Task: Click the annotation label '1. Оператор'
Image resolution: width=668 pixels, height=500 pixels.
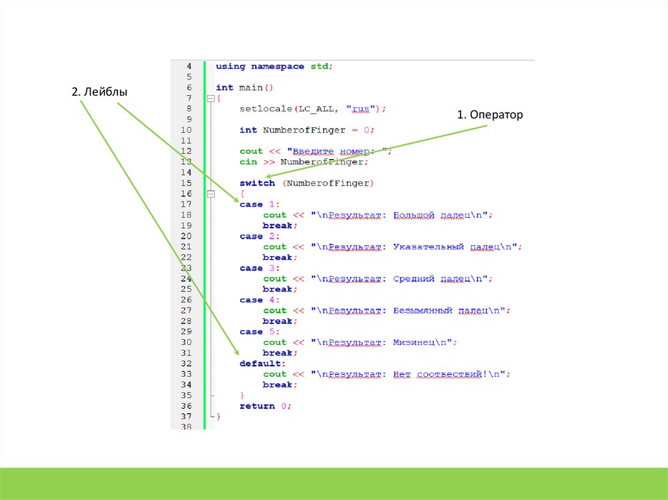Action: (x=490, y=115)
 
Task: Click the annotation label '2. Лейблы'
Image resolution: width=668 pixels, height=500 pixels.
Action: (x=99, y=93)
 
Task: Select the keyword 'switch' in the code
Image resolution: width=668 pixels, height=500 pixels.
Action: (x=257, y=183)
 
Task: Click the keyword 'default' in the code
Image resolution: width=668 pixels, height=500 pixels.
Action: (x=261, y=363)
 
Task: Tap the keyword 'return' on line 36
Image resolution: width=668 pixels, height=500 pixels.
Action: (x=257, y=405)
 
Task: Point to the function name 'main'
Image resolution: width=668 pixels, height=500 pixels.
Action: (x=250, y=87)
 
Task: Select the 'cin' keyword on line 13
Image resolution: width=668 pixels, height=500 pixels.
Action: (x=248, y=162)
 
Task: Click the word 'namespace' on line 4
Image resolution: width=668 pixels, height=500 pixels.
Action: (x=278, y=66)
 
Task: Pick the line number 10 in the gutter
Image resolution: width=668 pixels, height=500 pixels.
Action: (x=186, y=130)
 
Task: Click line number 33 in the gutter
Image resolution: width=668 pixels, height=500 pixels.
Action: (x=186, y=374)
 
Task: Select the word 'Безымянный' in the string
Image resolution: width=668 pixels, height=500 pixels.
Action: (x=423, y=310)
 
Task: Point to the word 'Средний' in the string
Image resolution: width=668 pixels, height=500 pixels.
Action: (x=414, y=278)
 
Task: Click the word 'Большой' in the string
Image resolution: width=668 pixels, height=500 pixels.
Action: (x=414, y=214)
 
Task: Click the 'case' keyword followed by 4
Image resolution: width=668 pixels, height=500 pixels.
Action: (x=251, y=300)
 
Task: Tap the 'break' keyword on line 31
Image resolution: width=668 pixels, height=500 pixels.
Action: (x=278, y=353)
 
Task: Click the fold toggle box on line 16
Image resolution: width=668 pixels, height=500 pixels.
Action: (x=210, y=194)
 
